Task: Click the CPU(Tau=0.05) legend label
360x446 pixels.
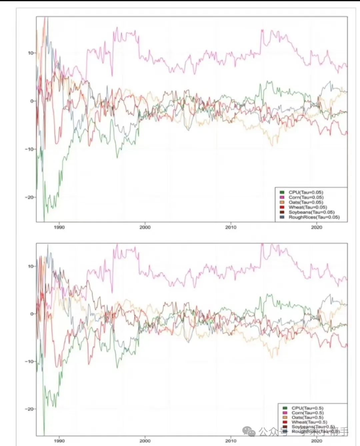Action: [x=306, y=192]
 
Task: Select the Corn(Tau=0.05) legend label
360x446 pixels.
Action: [x=306, y=197]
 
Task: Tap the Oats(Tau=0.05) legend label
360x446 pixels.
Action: [x=306, y=202]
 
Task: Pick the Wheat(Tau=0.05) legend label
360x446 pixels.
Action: [x=308, y=207]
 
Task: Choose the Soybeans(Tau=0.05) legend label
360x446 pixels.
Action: [x=311, y=212]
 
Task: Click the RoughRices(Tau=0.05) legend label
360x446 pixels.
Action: [x=314, y=217]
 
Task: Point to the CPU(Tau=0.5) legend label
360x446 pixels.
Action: [x=307, y=408]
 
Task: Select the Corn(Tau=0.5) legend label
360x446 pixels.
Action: [x=307, y=413]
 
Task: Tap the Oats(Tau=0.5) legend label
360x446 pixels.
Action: [x=307, y=417]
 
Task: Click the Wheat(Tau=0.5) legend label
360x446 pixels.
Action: [x=309, y=422]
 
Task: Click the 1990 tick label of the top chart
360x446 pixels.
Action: [x=59, y=227]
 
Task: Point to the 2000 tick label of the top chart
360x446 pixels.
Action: [x=145, y=227]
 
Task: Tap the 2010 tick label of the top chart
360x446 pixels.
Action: [x=231, y=227]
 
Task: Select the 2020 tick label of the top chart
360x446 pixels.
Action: [x=317, y=227]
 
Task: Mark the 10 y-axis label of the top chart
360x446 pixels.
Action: [x=31, y=53]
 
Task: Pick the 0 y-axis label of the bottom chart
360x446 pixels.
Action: [x=32, y=314]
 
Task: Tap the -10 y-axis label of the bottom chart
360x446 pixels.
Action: [x=29, y=362]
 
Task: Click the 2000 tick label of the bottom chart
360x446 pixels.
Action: [x=145, y=441]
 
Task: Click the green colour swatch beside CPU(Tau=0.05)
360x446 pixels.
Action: [x=282, y=192]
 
